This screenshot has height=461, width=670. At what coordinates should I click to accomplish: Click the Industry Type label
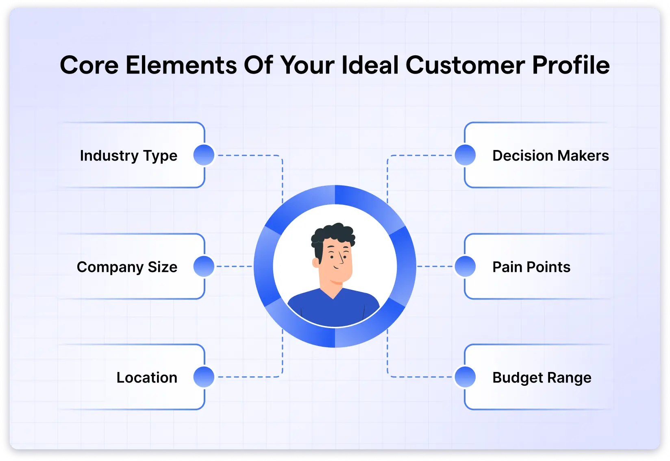(128, 156)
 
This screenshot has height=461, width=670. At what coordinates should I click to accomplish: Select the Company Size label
(127, 267)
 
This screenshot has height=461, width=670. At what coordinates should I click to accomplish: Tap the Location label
(147, 378)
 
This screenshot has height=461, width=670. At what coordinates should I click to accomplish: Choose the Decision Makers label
(550, 156)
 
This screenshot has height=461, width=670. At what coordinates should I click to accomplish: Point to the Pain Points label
(531, 267)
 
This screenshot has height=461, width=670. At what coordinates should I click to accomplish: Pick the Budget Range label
(542, 378)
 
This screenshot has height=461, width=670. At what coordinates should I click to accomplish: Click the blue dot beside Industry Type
(204, 155)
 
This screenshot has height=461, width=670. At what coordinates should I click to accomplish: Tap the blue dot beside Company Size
(204, 266)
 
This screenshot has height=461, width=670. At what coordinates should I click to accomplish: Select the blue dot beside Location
(204, 377)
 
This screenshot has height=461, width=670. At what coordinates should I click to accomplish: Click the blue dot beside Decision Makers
(465, 155)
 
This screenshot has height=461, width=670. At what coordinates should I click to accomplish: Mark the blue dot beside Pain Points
(465, 266)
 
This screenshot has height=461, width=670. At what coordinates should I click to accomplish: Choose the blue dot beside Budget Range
(465, 377)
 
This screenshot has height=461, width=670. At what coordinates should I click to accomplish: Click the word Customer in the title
(465, 65)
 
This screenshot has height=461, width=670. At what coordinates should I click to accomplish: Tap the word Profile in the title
(571, 65)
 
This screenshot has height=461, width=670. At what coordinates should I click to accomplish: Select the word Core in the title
(89, 65)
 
